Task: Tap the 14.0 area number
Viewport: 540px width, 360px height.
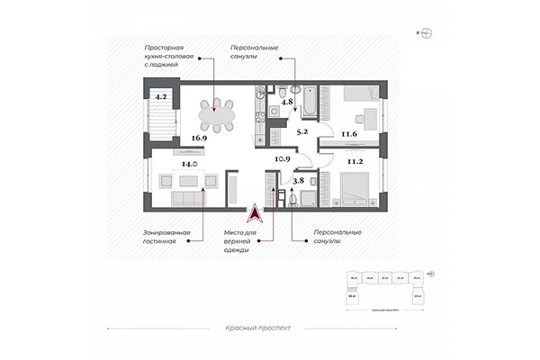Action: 189,165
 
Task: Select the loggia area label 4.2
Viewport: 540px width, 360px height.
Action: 161,94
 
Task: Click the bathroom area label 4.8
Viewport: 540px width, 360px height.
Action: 287,103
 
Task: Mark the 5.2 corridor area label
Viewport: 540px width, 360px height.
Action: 302,131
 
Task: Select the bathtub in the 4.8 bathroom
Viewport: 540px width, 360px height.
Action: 308,103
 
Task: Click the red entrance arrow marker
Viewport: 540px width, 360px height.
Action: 256,212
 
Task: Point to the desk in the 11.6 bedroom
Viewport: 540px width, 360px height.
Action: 368,117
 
